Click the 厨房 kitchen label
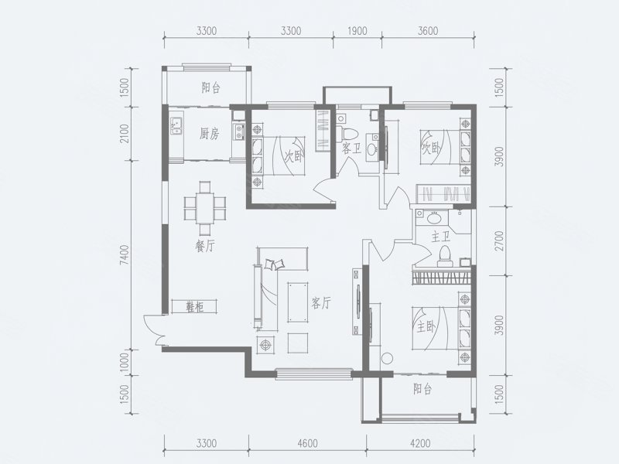(209, 135)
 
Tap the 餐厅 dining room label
(205, 247)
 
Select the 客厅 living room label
(320, 303)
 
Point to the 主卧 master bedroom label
(426, 327)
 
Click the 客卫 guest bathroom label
(351, 148)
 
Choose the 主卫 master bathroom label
(441, 237)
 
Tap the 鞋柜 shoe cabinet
(194, 306)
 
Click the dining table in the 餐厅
(205, 208)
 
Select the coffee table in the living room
(298, 302)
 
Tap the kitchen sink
(176, 126)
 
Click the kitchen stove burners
(239, 131)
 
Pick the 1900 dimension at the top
(357, 30)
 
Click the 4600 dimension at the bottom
(307, 443)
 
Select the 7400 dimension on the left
(125, 255)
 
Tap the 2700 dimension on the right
(499, 241)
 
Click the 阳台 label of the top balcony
(210, 87)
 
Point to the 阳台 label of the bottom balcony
(422, 390)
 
